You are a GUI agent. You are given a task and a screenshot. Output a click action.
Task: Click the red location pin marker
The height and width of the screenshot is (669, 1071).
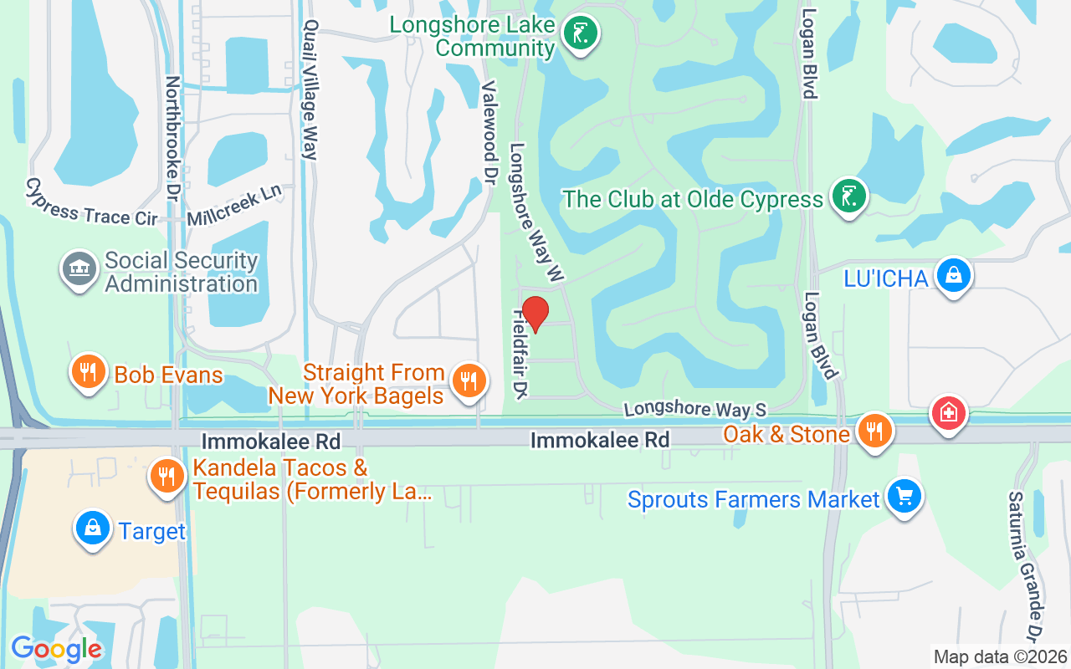[x=535, y=314]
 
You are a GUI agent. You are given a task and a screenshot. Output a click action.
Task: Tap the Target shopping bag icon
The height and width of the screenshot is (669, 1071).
[x=93, y=529]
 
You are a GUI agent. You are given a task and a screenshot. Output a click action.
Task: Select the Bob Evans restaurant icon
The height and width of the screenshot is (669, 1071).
[x=86, y=371]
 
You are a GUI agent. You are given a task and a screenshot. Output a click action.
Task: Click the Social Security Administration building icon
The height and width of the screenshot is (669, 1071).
[x=79, y=269]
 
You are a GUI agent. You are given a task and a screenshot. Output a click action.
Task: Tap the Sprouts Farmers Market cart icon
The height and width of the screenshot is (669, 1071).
[x=904, y=496]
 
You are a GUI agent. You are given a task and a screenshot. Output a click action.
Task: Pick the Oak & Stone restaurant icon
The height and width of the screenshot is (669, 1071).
[x=874, y=431]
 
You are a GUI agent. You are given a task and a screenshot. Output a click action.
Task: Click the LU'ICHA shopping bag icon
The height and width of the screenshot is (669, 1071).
[x=952, y=274]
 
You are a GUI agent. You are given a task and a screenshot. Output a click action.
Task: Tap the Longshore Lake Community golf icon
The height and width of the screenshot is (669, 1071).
[x=579, y=33]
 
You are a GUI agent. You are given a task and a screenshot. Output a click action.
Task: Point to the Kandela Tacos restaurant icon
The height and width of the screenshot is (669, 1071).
[x=167, y=477]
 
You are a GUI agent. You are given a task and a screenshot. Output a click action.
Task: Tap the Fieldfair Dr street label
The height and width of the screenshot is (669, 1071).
[x=520, y=354]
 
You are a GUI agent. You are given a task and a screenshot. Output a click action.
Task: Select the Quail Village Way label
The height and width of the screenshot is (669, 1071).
[x=311, y=89]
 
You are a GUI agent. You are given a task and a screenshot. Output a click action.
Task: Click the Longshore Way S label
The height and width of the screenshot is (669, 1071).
[x=694, y=409]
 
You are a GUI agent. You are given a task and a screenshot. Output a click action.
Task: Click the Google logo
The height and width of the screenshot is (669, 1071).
[x=56, y=648]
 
